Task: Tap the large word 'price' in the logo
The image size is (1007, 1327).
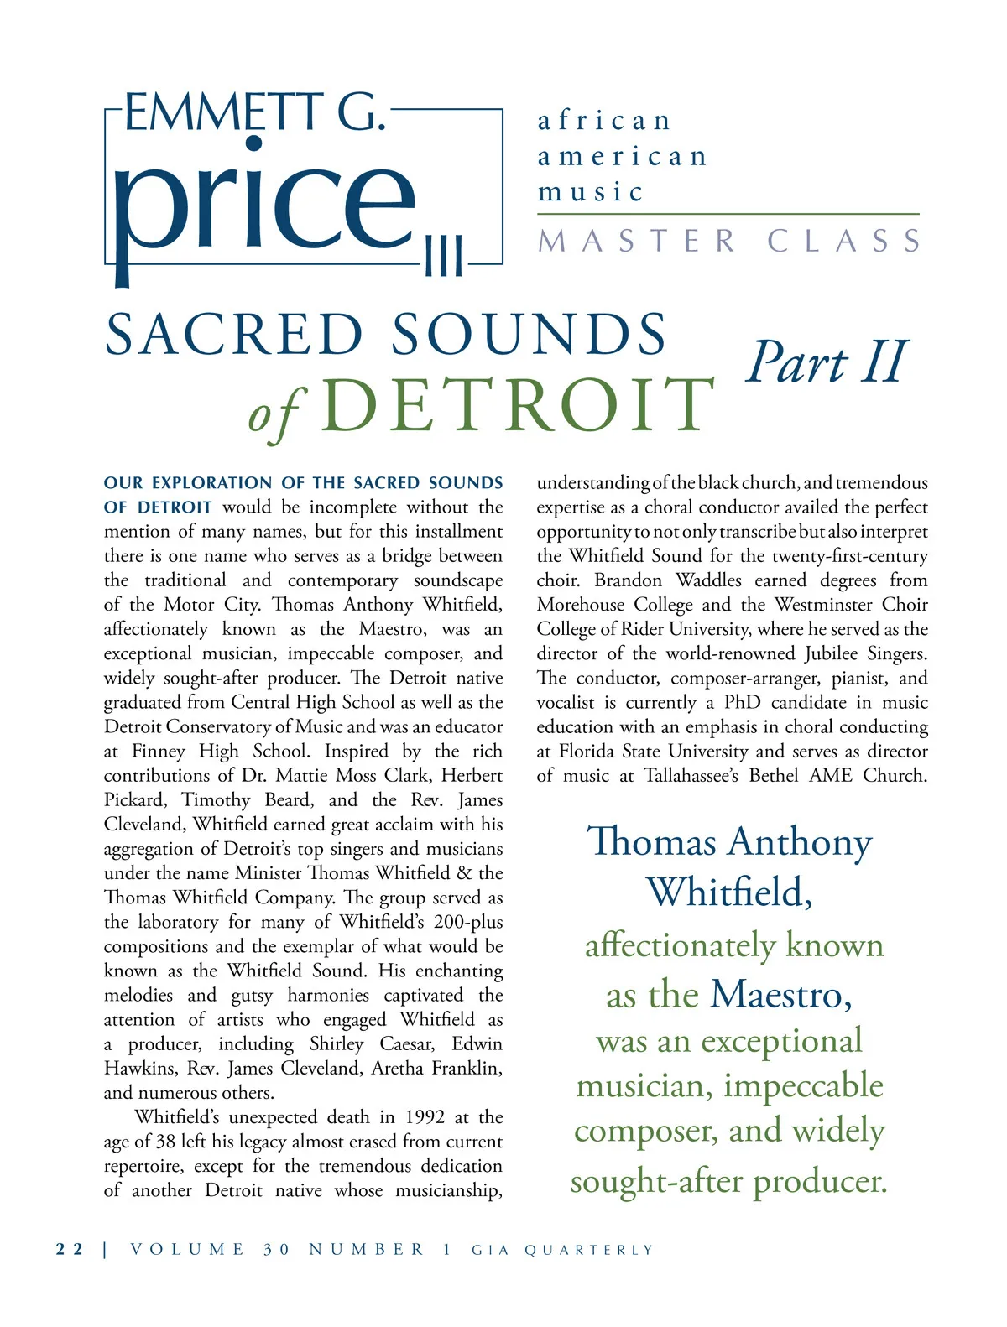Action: pos(264,201)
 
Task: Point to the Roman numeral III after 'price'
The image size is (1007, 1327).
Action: pos(443,256)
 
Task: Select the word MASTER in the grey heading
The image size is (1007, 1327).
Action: pos(637,242)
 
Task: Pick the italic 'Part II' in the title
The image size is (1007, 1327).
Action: pos(827,362)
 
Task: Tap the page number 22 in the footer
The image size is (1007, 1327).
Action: pos(70,1249)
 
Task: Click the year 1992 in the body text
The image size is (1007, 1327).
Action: pos(425,1117)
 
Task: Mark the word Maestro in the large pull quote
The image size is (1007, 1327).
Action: pos(780,995)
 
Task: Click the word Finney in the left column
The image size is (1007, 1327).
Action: pos(159,752)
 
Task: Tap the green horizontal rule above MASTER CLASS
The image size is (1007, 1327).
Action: pos(728,215)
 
